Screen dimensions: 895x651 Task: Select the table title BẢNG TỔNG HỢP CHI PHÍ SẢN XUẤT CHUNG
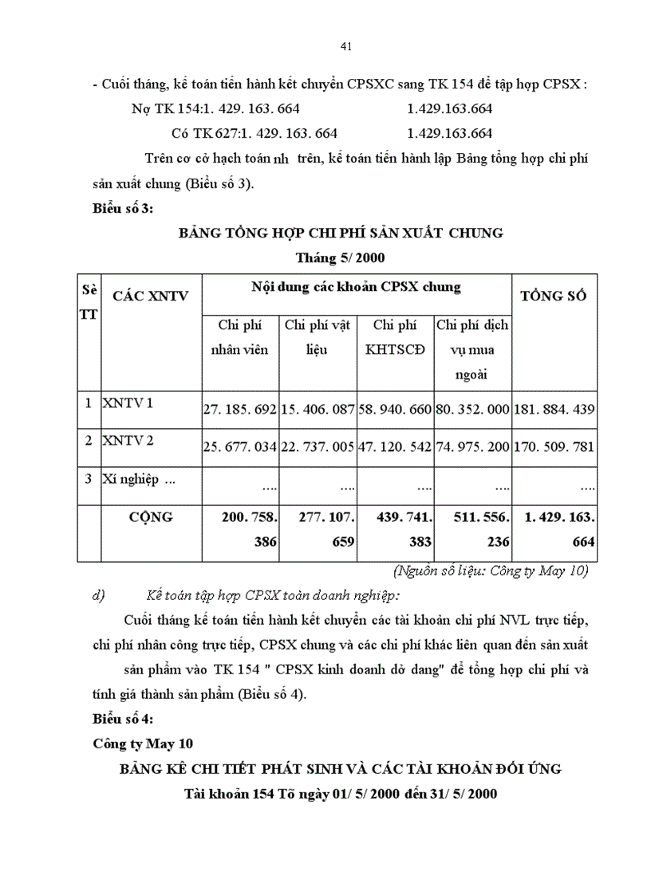pyautogui.click(x=341, y=233)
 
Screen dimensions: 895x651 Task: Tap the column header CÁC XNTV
pyautogui.click(x=151, y=296)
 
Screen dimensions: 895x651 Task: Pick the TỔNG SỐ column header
pyautogui.click(x=554, y=296)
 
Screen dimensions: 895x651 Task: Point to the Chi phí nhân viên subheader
pyautogui.click(x=239, y=337)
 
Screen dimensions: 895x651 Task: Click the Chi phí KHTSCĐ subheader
pyautogui.click(x=395, y=337)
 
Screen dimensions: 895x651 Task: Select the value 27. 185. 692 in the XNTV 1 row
pyautogui.click(x=240, y=409)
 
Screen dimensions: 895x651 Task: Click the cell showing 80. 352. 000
pyautogui.click(x=473, y=409)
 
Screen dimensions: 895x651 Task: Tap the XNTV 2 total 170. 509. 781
pyautogui.click(x=554, y=446)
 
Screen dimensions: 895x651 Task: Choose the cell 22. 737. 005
pyautogui.click(x=318, y=446)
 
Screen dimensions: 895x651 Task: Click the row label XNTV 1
pyautogui.click(x=127, y=403)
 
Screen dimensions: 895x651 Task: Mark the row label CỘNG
pyautogui.click(x=151, y=517)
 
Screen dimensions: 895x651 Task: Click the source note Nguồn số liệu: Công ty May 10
pyautogui.click(x=491, y=570)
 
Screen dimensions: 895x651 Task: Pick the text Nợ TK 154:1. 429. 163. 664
pyautogui.click(x=215, y=108)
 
